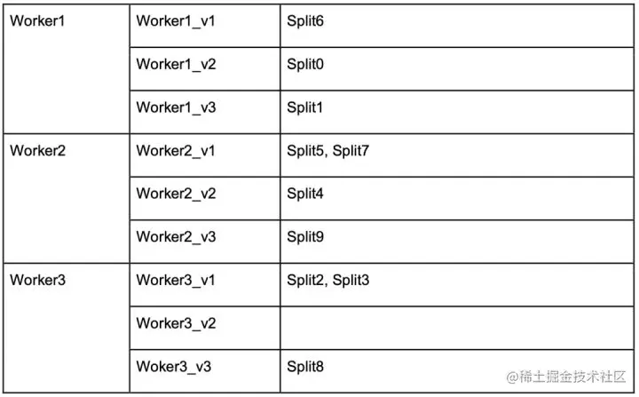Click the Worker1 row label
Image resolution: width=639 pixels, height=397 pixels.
coord(37,20)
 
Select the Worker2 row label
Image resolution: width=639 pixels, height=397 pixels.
coord(37,150)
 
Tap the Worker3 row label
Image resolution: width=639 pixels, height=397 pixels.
coord(37,280)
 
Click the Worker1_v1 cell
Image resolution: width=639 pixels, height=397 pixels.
coord(176,20)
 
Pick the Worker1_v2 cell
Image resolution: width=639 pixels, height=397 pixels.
coord(176,64)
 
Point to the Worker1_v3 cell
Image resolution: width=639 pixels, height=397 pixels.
coord(176,107)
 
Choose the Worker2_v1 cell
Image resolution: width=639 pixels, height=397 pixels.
coord(176,150)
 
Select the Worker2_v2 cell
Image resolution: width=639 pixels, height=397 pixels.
coord(176,194)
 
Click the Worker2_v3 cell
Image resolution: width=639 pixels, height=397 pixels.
coord(176,237)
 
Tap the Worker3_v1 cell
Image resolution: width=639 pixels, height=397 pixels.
coord(176,280)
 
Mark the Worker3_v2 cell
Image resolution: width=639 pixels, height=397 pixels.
coord(176,323)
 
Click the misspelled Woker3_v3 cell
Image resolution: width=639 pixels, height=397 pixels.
coord(173,366)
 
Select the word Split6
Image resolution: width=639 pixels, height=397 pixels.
coord(305,20)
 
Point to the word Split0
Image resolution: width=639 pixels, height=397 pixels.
coord(305,64)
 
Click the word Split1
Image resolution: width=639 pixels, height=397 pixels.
coord(305,107)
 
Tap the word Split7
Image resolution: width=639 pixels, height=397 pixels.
coord(351,150)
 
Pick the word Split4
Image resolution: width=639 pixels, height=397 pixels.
coord(305,194)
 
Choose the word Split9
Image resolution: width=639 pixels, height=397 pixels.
coord(305,237)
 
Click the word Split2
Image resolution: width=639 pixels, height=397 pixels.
coord(306,280)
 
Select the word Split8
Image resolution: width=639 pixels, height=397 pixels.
coord(305,366)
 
